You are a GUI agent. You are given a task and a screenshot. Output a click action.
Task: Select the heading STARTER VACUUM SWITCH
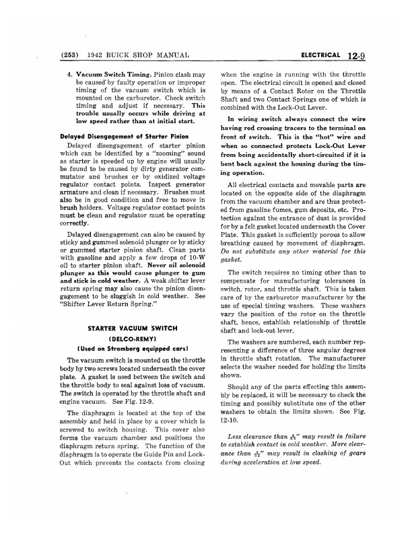pos(132,328)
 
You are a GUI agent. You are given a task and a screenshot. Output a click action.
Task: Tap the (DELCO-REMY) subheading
pos(132,340)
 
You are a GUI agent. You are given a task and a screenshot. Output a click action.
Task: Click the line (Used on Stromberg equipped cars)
pos(132,351)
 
